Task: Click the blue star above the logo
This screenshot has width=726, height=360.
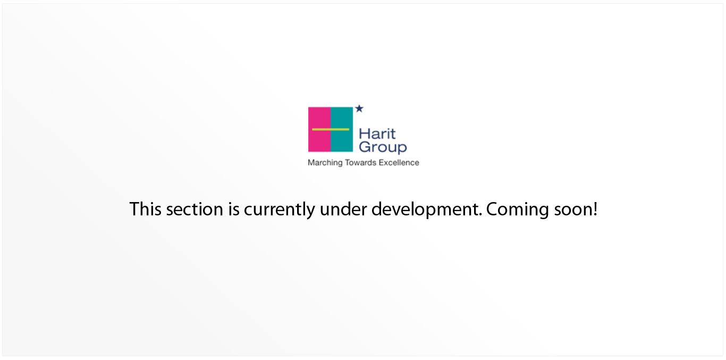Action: coord(359,108)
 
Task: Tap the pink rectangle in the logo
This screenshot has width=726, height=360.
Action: coord(319,129)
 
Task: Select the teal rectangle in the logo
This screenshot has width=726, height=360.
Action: coord(342,129)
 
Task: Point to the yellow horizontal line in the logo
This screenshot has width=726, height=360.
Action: coord(331,129)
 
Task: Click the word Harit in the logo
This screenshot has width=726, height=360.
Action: coord(377,134)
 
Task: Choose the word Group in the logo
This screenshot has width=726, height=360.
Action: coord(383,147)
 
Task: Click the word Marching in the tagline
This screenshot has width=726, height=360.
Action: coord(325,163)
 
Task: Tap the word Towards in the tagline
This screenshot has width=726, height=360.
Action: coord(361,163)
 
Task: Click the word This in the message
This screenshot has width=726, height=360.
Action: coord(145,209)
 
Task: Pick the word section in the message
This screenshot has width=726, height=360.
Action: coord(195,209)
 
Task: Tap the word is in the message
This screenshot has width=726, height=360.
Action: coord(234,209)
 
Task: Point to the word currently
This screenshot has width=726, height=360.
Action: coord(280,210)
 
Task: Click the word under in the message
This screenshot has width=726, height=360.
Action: coord(343,209)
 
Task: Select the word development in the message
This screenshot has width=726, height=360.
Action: coord(427,210)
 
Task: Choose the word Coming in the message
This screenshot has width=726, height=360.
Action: coord(518,210)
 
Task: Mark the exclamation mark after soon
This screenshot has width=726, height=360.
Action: coord(595,209)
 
